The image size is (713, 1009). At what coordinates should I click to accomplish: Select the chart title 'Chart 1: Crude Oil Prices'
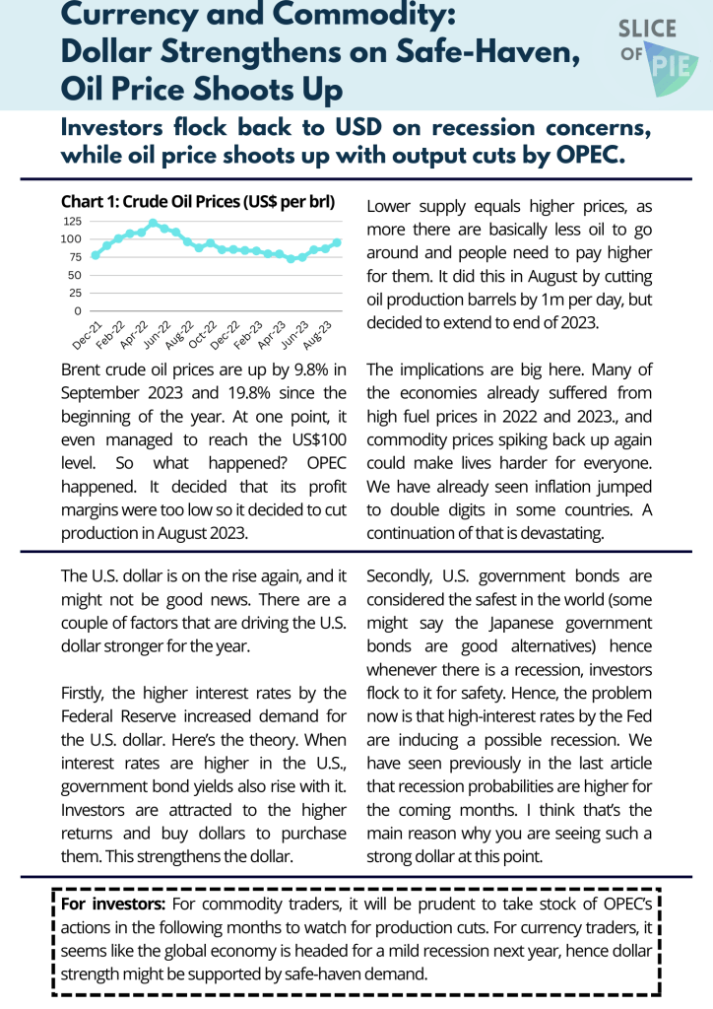[x=197, y=203]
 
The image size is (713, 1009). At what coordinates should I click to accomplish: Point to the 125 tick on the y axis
[x=73, y=221]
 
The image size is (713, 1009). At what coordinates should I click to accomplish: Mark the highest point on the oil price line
[x=153, y=223]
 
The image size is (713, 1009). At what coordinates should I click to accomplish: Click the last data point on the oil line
[x=337, y=242]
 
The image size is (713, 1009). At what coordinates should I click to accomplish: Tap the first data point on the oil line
[x=95, y=255]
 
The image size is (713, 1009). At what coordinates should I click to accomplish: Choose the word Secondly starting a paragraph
[x=402, y=575]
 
